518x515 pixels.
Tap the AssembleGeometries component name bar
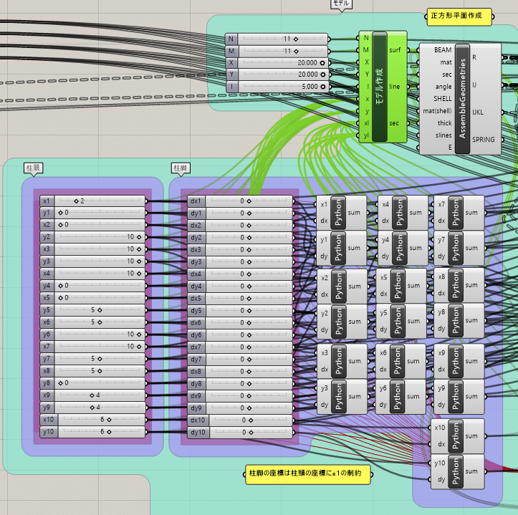coord(462,98)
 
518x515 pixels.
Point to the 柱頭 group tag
coord(33,168)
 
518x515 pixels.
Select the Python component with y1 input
coord(340,248)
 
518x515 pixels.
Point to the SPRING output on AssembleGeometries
coord(484,139)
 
